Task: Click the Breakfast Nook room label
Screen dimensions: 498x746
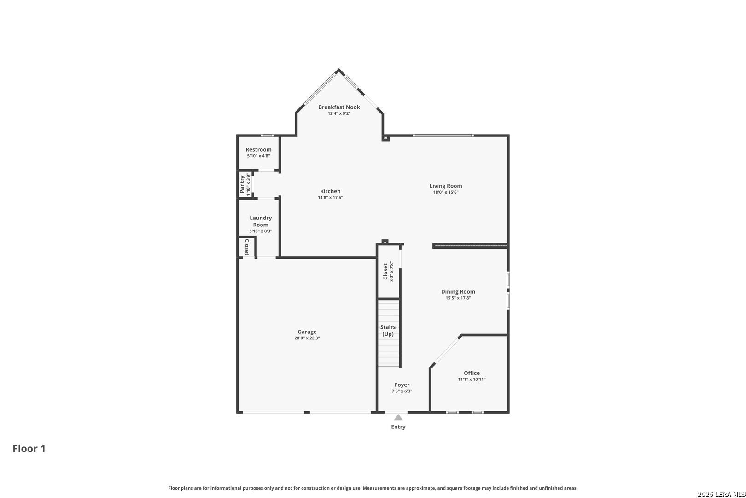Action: tap(339, 107)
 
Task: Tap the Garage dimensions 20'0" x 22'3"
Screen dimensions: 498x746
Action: tap(307, 338)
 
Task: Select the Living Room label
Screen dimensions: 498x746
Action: tap(446, 186)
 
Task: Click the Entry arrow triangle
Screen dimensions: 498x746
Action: tap(398, 417)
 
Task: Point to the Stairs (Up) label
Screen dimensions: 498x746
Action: tap(388, 330)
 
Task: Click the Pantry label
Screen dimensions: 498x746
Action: tap(242, 184)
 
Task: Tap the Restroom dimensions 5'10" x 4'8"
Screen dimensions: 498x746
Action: tap(258, 156)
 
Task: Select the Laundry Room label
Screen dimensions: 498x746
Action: tap(261, 221)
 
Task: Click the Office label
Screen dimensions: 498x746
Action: tap(472, 373)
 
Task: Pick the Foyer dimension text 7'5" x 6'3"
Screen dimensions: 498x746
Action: tap(402, 391)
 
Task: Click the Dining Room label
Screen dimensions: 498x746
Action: tap(458, 291)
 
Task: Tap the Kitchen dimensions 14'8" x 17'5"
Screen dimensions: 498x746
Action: tap(330, 198)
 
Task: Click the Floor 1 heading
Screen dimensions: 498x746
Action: tap(29, 449)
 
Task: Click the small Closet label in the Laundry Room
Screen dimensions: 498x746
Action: tap(247, 247)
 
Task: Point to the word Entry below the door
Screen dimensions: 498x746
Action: tap(398, 427)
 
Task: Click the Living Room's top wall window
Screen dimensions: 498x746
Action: tap(443, 136)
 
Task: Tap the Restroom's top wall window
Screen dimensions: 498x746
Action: tap(267, 136)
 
